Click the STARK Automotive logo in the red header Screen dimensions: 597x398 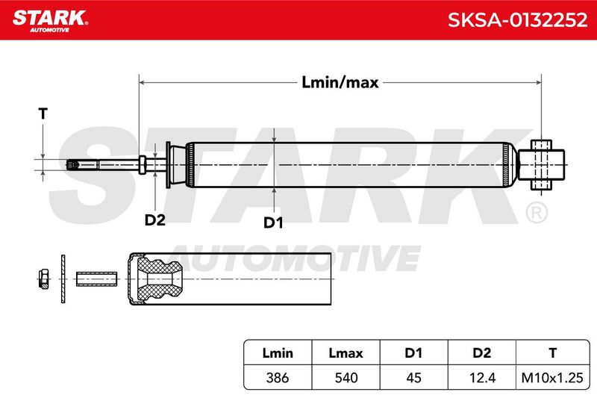click(50, 21)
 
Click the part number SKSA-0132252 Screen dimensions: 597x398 click(517, 20)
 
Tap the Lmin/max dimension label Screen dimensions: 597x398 click(340, 82)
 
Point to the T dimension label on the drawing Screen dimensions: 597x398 click(43, 114)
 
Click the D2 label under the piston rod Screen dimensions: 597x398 click(155, 220)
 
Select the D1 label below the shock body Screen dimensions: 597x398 click(273, 223)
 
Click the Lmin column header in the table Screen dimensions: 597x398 click(278, 353)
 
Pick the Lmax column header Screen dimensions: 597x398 click(346, 353)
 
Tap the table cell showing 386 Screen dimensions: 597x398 click(278, 378)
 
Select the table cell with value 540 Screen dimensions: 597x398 click(346, 378)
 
